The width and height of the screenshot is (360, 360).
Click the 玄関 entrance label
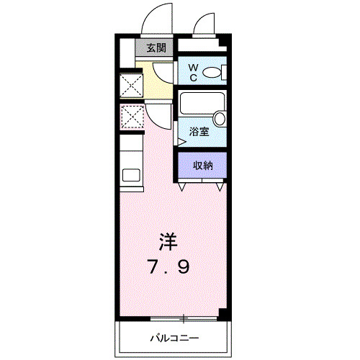pyautogui.click(x=156, y=49)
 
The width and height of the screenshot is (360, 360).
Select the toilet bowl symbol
pyautogui.click(x=213, y=71)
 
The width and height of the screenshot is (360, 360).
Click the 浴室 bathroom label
pyautogui.click(x=199, y=132)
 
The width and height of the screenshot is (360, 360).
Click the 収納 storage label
pyautogui.click(x=203, y=166)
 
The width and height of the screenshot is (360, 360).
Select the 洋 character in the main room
pyautogui.click(x=168, y=240)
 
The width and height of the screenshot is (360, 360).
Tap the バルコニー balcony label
pyautogui.click(x=174, y=337)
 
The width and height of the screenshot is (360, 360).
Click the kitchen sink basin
pyautogui.click(x=132, y=174)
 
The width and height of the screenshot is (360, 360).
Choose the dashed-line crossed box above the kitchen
pyautogui.click(x=131, y=115)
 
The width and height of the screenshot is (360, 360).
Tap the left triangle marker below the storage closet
pyautogui.click(x=181, y=186)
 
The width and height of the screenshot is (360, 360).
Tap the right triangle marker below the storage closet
pyautogui.click(x=219, y=186)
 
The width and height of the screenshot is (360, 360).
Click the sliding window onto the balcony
pyautogui.click(x=184, y=317)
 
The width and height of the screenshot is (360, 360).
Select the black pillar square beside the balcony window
pyautogui.click(x=223, y=315)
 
